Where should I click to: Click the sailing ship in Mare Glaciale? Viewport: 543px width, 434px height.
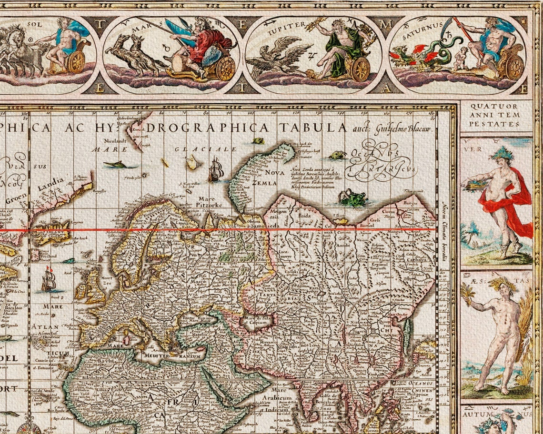[215, 170]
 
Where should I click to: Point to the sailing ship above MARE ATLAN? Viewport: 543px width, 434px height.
[48, 279]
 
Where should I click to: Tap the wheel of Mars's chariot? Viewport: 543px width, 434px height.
[226, 69]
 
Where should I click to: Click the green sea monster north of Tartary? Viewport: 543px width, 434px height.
[352, 198]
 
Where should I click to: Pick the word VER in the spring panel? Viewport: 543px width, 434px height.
[477, 149]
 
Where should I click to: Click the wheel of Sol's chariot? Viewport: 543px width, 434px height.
[76, 62]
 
